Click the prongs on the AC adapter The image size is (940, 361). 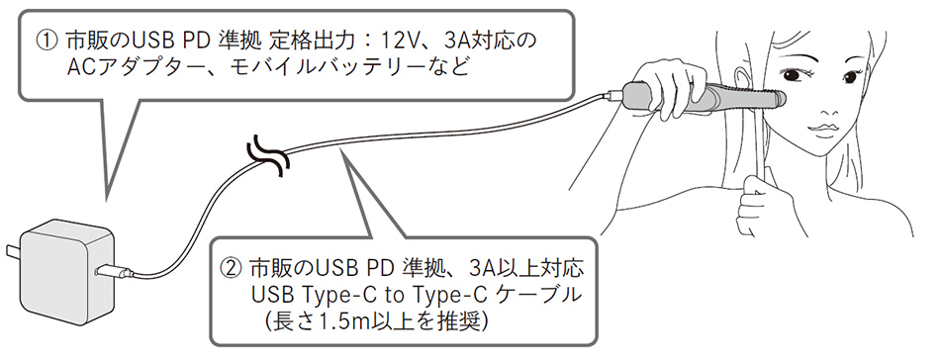(x=11, y=255)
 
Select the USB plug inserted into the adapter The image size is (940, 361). (x=109, y=269)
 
